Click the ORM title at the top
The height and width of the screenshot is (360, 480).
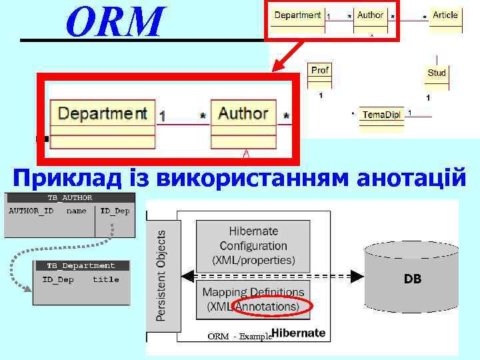coord(114,21)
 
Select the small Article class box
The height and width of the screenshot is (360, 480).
coord(445,19)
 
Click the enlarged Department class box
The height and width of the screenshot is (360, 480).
coord(103,123)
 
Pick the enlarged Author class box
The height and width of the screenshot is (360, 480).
coord(243,123)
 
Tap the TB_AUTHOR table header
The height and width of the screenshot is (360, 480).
coord(69,197)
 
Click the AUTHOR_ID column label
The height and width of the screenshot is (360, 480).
coord(31,211)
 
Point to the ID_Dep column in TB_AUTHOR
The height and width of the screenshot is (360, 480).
coord(115,211)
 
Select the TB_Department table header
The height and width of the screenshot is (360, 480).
coord(82,265)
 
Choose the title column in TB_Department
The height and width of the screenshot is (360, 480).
coord(105,279)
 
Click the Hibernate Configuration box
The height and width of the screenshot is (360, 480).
coord(253,245)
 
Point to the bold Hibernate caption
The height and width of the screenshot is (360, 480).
coord(298,333)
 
